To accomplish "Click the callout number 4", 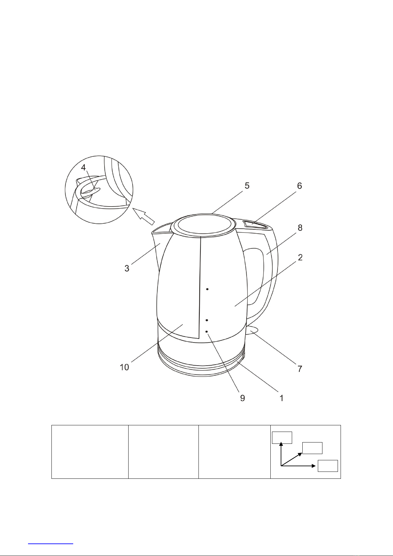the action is (83, 168).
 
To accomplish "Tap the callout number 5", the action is (247, 186).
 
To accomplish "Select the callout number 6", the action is (299, 186).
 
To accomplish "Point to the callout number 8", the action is (300, 228).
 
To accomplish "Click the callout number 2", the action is (300, 257).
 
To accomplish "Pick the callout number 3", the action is (127, 268).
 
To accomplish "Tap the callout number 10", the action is (125, 367).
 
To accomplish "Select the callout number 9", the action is (243, 398).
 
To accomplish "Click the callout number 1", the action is (282, 398).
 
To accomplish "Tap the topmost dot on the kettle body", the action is (207, 289).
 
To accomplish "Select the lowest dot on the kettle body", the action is (206, 331).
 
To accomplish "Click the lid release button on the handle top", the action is (256, 225).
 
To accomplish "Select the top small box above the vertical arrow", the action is (282, 438).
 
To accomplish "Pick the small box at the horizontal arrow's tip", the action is (328, 466).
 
